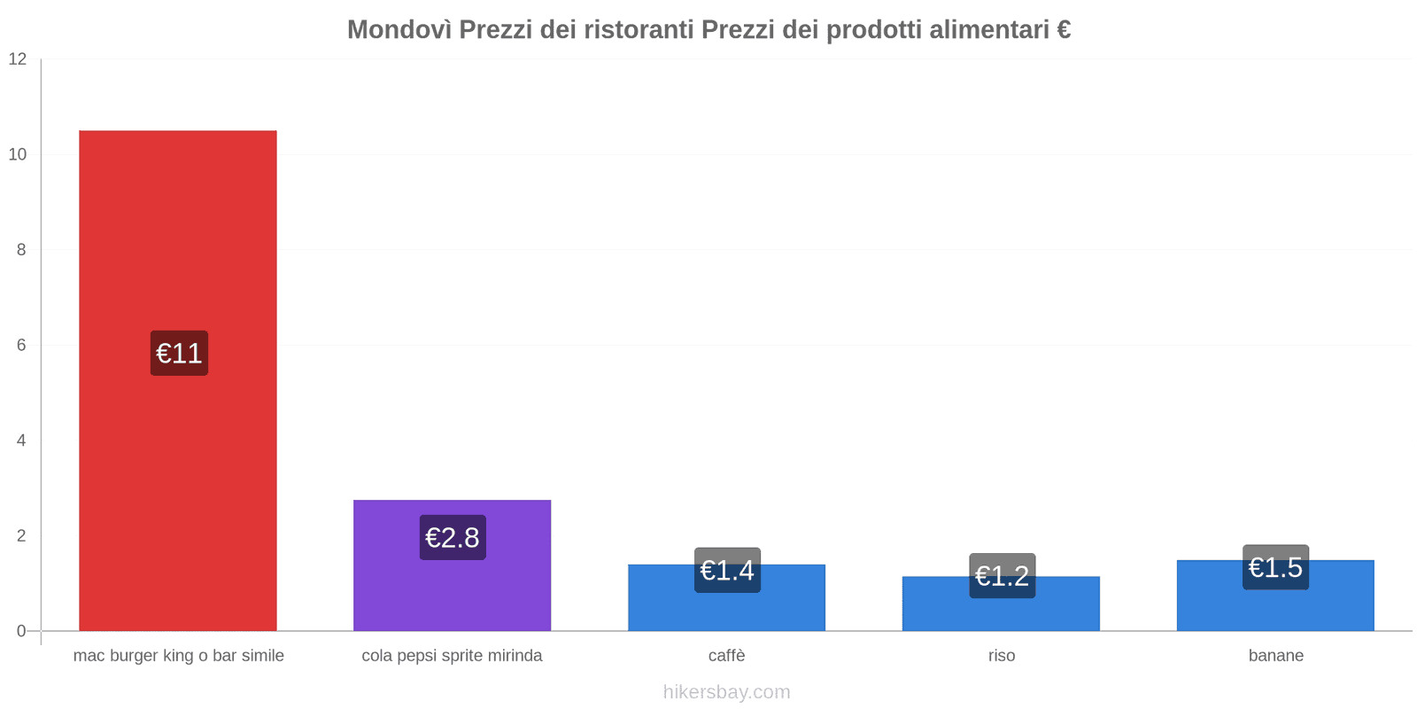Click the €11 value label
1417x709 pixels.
coord(179,354)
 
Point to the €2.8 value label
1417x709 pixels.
coord(453,537)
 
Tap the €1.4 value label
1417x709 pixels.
coord(727,570)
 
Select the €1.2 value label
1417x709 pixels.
coord(1002,576)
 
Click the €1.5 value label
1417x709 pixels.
coord(1275,567)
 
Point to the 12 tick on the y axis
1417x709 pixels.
coord(18,59)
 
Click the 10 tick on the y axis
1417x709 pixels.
coord(18,154)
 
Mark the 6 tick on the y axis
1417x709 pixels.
coord(21,346)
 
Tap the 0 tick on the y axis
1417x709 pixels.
coord(21,631)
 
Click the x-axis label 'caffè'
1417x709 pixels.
coord(726,656)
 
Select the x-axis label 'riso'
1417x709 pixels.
coord(1002,656)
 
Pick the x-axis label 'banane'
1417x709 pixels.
coord(1275,656)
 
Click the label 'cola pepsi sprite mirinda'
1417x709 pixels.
coord(452,656)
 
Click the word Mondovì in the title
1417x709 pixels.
coord(399,30)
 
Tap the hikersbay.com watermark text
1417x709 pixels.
coord(726,692)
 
